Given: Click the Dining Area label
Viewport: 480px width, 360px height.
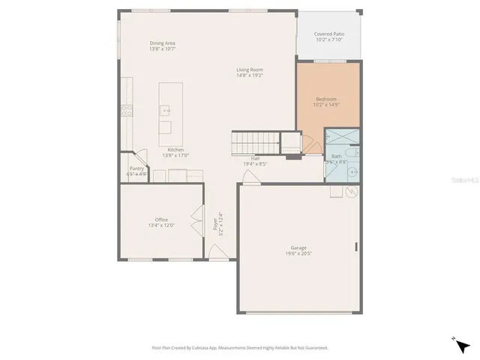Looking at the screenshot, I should coord(162,43).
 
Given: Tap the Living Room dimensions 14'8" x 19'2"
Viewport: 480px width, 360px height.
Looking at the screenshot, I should coord(250,75).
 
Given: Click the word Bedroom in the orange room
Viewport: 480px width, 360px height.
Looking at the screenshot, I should coord(326,99).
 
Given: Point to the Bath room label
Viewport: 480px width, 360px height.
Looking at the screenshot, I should coord(337,156).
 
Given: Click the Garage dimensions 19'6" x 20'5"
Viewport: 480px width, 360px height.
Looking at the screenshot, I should coord(298,253).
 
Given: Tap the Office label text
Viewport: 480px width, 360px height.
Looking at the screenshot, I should coord(161,219).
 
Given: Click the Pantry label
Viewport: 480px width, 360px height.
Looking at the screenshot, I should coord(136,169).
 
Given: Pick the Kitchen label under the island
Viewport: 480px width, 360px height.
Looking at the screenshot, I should coord(175,149).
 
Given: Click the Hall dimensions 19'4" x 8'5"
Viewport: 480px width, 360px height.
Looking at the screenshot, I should coord(255,163).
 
